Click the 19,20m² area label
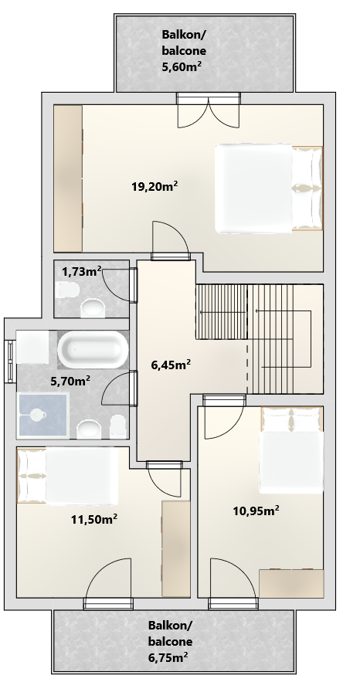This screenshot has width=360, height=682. tap(155, 186)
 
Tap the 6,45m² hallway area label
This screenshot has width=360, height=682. tap(171, 365)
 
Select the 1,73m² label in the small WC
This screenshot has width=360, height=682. tap(81, 272)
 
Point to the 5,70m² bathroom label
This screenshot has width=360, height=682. tap(70, 381)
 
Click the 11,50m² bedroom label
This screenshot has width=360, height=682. tap(94, 519)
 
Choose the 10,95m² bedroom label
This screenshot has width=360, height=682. tap(256, 511)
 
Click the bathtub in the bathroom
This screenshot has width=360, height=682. tap(93, 349)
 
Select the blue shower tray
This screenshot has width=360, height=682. tap(42, 416)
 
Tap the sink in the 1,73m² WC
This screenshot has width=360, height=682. tap(93, 307)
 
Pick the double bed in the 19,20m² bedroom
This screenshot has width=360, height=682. tap(269, 188)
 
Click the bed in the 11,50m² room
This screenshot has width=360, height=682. tap(67, 476)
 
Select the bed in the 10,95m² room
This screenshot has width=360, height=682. tap(292, 450)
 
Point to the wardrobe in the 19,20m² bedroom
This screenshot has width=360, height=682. tap(68, 178)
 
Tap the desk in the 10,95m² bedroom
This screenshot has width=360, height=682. tap(291, 583)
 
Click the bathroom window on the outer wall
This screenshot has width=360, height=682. tap(10, 361)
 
